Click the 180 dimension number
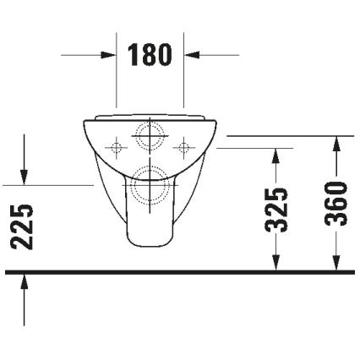coord(150,56)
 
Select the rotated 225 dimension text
coord(26,226)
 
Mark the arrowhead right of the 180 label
coord(193,56)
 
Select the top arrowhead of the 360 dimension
coord(336,142)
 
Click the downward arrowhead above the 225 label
coord(25,175)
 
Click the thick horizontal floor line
coord(180,272)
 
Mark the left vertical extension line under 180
coord(116,85)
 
